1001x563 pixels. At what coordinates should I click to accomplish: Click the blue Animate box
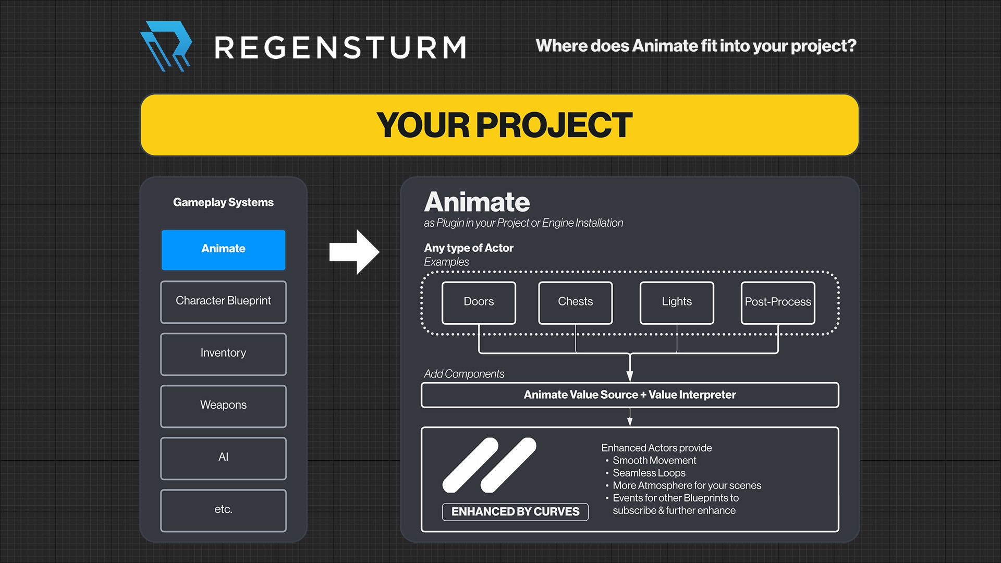pyautogui.click(x=223, y=250)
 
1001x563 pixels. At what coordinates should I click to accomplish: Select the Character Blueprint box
pyautogui.click(x=223, y=302)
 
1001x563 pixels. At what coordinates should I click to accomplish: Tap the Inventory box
pyautogui.click(x=223, y=354)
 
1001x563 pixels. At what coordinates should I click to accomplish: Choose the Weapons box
pyautogui.click(x=223, y=406)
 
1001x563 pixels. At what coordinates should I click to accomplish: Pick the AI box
pyautogui.click(x=223, y=458)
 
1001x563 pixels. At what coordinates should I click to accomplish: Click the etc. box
pyautogui.click(x=223, y=510)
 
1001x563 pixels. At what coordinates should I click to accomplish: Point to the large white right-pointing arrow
pyautogui.click(x=354, y=252)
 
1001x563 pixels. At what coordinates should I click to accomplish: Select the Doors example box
pyautogui.click(x=479, y=302)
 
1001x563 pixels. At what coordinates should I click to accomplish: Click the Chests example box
pyautogui.click(x=575, y=302)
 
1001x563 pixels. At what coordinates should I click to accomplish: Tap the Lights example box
pyautogui.click(x=677, y=302)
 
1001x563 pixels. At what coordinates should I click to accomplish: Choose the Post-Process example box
pyautogui.click(x=778, y=302)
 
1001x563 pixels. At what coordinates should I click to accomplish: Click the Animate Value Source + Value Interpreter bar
pyautogui.click(x=629, y=395)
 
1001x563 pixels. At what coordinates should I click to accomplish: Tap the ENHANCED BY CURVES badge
pyautogui.click(x=515, y=511)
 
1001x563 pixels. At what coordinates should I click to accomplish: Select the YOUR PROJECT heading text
pyautogui.click(x=504, y=125)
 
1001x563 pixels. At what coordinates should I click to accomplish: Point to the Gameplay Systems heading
pyautogui.click(x=223, y=202)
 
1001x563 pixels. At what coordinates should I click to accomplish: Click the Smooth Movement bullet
pyautogui.click(x=654, y=460)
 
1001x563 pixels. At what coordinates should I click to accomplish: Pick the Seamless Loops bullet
pyautogui.click(x=649, y=473)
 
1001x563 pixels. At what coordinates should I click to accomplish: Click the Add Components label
pyautogui.click(x=463, y=374)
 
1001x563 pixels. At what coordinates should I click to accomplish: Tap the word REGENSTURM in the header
pyautogui.click(x=340, y=48)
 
